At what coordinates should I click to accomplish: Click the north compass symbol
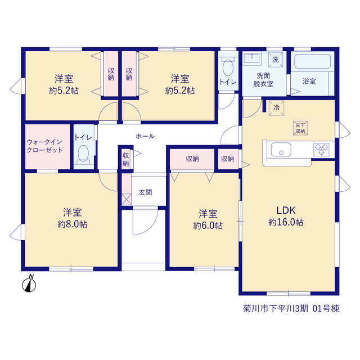click(29, 283)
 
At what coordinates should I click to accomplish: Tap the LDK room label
click(286, 210)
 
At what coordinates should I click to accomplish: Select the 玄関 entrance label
click(145, 192)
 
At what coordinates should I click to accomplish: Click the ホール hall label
click(145, 136)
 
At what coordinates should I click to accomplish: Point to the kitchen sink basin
click(281, 150)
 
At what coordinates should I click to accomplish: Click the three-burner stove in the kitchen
click(321, 150)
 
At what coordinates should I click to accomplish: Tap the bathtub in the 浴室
click(313, 61)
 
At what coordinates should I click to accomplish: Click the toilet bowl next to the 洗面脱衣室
click(228, 67)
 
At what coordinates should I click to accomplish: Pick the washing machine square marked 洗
click(276, 60)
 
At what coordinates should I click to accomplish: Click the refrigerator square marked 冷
click(276, 107)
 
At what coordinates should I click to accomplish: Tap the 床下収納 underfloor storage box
click(300, 128)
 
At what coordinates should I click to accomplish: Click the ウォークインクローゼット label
click(45, 146)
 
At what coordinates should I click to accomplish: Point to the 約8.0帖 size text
click(73, 224)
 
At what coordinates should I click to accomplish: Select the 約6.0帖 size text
click(208, 226)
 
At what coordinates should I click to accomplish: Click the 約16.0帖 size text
click(286, 222)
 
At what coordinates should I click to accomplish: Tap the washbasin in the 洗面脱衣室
click(252, 58)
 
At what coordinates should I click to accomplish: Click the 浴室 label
click(309, 81)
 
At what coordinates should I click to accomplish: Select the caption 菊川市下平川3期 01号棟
click(291, 309)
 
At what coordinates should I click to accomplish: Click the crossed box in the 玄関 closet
click(127, 199)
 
